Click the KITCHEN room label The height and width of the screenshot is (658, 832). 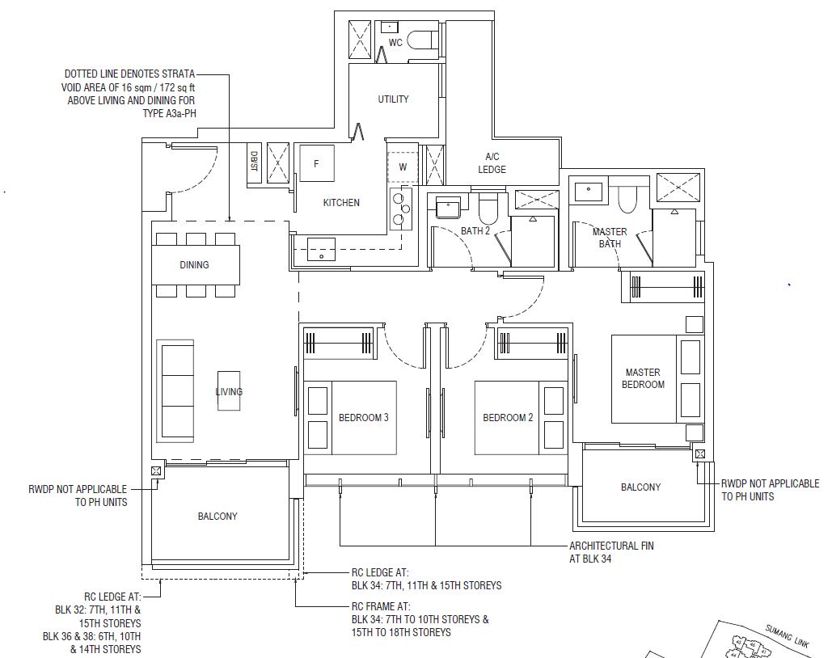[341, 203]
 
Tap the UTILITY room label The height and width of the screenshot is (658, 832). [393, 99]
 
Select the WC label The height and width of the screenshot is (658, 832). [395, 43]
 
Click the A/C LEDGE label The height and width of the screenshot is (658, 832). [492, 163]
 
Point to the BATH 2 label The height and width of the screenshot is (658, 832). [475, 231]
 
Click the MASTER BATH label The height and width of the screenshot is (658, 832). [610, 238]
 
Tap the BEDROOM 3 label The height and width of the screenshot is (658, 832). [364, 418]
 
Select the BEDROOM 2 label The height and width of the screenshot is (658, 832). [508, 418]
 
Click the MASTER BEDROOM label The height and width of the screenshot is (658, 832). [643, 378]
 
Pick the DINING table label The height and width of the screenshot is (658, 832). [194, 265]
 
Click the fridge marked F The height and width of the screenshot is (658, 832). [317, 163]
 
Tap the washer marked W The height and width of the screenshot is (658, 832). [403, 167]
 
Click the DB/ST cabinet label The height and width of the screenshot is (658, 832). [254, 162]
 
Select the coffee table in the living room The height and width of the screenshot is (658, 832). [229, 390]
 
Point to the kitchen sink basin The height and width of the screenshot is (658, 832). [321, 250]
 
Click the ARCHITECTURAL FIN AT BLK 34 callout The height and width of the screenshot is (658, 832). [611, 552]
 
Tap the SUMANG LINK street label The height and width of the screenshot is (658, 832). [787, 636]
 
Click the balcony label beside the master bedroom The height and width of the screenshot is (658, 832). [641, 487]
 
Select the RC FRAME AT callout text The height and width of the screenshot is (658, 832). [420, 619]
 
